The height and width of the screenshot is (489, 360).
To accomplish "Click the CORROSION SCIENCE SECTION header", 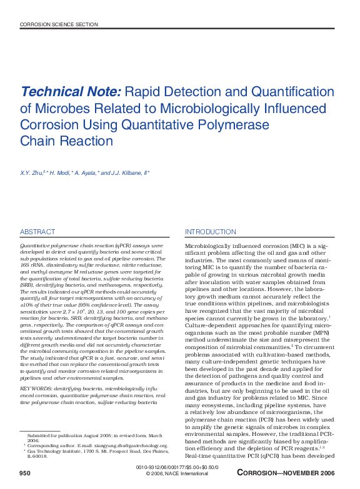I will pyautogui.click(x=59, y=24).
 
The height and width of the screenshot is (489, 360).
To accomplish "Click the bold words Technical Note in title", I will pyautogui.click(x=71, y=92).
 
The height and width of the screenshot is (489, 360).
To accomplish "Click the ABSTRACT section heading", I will pyautogui.click(x=37, y=232).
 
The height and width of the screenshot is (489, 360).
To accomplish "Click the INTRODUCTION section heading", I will pyautogui.click(x=211, y=232).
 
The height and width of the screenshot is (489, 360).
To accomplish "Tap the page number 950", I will pyautogui.click(x=25, y=474).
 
